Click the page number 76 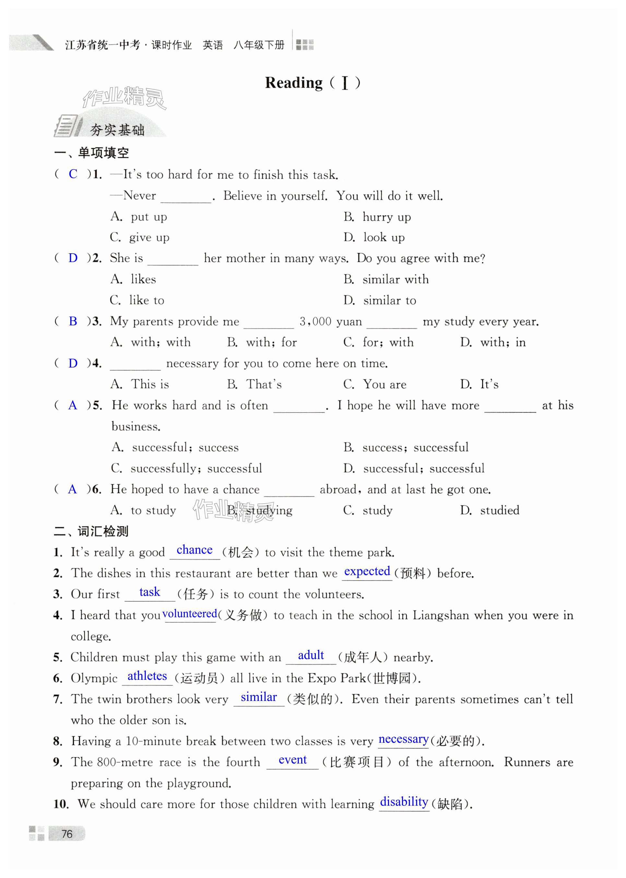tap(67, 834)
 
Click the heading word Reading tap(294, 83)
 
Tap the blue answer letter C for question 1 tap(73, 174)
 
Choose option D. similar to tap(380, 300)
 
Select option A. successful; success tap(175, 447)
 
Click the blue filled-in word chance tap(194, 550)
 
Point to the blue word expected tap(367, 571)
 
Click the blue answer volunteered tap(190, 613)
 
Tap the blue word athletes tap(147, 676)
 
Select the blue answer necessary tap(403, 739)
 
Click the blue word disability tap(404, 802)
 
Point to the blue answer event tap(292, 760)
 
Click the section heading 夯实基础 tap(117, 130)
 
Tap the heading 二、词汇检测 tap(91, 531)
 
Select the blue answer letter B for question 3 tap(73, 321)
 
